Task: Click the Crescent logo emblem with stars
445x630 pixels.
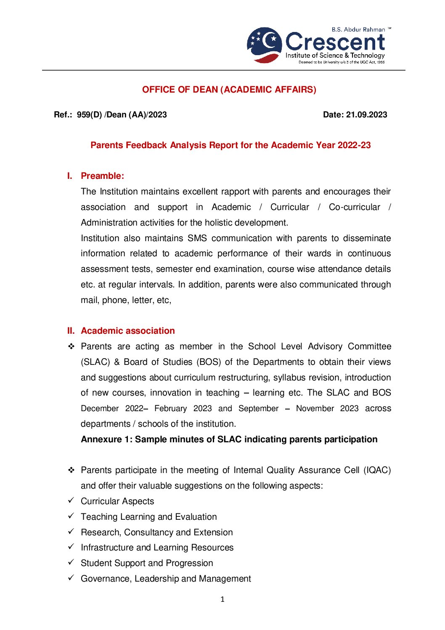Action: click(265, 45)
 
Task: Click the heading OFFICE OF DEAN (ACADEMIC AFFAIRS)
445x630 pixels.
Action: click(229, 90)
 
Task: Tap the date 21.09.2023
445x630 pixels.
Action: click(366, 115)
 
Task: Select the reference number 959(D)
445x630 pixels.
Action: click(89, 115)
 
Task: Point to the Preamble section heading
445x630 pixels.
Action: click(102, 176)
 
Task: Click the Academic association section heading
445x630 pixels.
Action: click(127, 331)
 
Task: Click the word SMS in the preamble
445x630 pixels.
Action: click(197, 238)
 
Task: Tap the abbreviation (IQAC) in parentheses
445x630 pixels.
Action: click(377, 470)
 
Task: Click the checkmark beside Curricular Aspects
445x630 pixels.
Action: click(71, 500)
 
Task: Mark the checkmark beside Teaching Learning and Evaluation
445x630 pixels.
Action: click(71, 516)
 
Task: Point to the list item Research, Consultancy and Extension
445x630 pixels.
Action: click(156, 532)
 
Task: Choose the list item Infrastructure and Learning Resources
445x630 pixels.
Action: click(157, 548)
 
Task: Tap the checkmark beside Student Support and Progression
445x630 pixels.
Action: click(71, 562)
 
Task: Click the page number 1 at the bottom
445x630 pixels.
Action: click(222, 599)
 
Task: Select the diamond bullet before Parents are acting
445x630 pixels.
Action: click(71, 346)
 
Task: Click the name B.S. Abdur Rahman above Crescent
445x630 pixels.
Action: click(358, 29)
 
